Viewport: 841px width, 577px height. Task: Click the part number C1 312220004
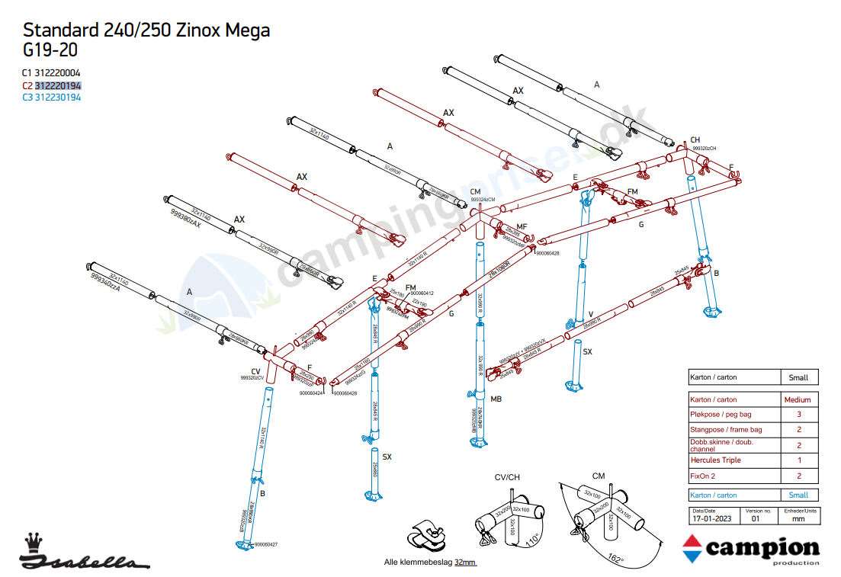tap(51, 73)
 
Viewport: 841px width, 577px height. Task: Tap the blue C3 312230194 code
tap(51, 98)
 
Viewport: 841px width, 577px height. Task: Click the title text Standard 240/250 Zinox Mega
tap(146, 30)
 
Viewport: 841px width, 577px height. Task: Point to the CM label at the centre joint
tap(476, 192)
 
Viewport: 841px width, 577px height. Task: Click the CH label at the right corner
tap(695, 140)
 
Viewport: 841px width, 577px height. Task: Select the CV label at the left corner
tap(255, 371)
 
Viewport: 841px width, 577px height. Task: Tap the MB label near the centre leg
tap(496, 399)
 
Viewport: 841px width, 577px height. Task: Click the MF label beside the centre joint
tap(522, 227)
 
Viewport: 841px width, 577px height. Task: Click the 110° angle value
tap(534, 539)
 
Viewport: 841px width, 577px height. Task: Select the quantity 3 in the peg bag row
tap(798, 415)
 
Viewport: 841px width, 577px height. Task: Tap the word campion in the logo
tap(762, 549)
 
